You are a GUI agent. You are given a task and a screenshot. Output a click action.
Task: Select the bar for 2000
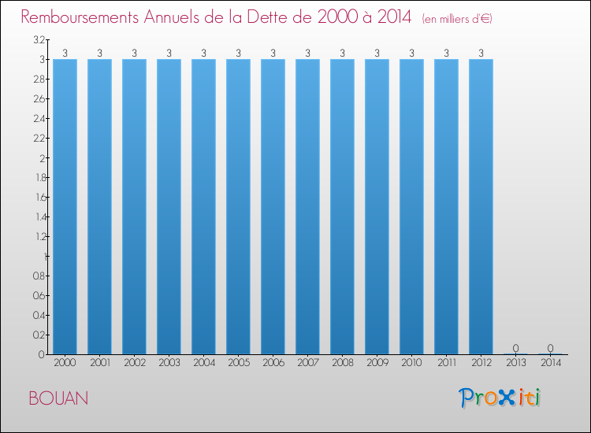pos(65,206)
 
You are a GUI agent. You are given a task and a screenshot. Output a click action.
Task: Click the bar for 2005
pos(238,206)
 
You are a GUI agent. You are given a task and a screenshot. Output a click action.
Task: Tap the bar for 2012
pos(481,206)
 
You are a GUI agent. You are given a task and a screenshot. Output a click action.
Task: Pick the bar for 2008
pos(342,206)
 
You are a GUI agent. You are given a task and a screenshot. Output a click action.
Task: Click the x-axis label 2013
pos(515,363)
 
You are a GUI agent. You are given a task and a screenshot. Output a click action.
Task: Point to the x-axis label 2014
pos(550,363)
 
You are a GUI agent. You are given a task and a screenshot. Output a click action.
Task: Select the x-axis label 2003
pos(169,363)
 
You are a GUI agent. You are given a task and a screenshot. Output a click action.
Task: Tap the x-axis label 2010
pos(411,363)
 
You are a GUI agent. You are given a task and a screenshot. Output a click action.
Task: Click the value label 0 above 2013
pos(515,348)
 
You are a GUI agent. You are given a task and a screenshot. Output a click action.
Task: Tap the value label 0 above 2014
pos(550,348)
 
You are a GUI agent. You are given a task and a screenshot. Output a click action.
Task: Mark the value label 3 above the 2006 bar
pos(273,53)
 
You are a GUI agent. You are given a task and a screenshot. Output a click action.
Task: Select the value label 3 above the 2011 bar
pos(446,53)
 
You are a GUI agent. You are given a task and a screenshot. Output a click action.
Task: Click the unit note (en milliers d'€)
pos(457,18)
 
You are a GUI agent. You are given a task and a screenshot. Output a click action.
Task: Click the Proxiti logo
pos(500,398)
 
